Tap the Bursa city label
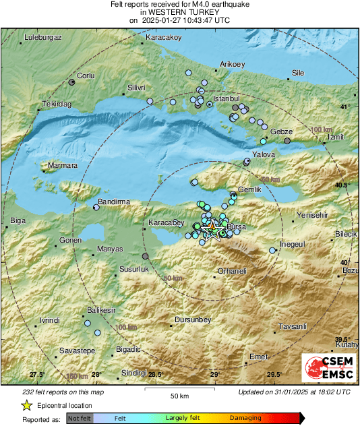pyautogui.click(x=238, y=228)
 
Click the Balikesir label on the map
pyautogui.click(x=102, y=310)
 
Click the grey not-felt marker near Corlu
pyautogui.click(x=71, y=82)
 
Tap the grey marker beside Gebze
pyautogui.click(x=287, y=141)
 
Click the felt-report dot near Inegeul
pyautogui.click(x=272, y=251)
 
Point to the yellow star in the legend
pyautogui.click(x=26, y=406)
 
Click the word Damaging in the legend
pyautogui.click(x=245, y=418)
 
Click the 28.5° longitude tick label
pyautogui.click(x=155, y=375)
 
